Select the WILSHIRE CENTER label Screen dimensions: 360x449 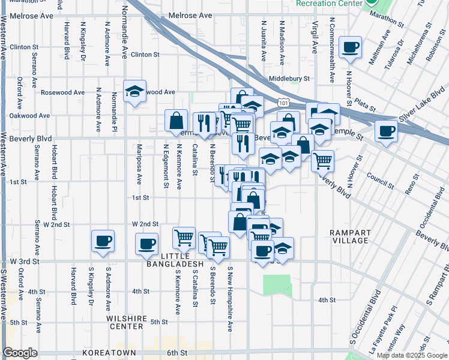[x=125, y=322]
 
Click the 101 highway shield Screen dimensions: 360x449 [x=283, y=103]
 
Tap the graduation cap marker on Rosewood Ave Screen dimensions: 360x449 [x=134, y=91]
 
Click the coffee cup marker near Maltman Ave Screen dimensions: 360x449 [x=350, y=47]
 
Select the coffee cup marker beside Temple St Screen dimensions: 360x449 [x=386, y=130]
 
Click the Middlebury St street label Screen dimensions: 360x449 [x=289, y=79]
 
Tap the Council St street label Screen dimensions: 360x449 [x=379, y=178]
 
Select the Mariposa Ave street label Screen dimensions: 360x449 [x=139, y=163]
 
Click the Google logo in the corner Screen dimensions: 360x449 [x=20, y=353]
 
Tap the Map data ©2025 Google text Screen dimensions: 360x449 [x=412, y=355]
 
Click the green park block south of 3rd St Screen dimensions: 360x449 [x=276, y=284]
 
